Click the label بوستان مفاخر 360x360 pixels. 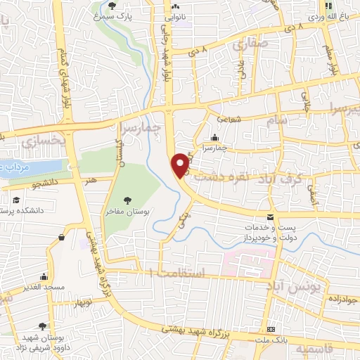[127, 214]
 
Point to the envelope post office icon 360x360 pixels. [271, 216]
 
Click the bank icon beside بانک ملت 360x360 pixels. [271, 330]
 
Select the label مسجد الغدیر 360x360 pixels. [43, 288]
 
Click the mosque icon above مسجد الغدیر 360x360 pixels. [44, 276]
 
